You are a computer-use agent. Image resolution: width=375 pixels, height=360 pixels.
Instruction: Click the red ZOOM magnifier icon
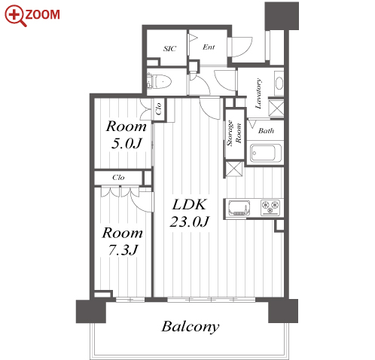16,16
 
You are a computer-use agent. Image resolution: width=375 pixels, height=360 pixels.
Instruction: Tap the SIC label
170,48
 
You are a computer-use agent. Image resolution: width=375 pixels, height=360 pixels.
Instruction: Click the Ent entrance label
209,47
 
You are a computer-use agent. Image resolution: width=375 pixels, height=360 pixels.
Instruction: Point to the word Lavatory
258,93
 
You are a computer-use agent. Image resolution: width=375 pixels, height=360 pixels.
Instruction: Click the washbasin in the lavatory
279,83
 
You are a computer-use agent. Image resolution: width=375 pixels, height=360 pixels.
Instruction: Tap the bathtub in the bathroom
266,153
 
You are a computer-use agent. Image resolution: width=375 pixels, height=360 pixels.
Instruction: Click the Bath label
266,130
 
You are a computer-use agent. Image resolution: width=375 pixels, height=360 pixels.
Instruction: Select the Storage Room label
234,133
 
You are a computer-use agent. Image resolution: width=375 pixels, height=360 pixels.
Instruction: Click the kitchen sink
239,208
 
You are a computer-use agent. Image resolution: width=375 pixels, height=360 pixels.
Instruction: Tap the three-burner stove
270,208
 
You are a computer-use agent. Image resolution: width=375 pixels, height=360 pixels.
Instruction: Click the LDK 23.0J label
190,212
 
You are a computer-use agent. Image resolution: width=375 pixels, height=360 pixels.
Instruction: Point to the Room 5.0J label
127,135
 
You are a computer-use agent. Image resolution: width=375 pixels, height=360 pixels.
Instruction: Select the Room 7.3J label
123,241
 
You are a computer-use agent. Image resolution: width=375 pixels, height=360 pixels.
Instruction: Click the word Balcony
191,327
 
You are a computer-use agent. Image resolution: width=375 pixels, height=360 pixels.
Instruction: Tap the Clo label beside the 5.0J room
158,108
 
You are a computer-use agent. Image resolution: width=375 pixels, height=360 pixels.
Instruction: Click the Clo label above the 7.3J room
118,178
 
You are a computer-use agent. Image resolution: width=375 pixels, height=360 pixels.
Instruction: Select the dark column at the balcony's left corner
91,311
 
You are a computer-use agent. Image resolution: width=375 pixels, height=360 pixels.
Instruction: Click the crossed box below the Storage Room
234,169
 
